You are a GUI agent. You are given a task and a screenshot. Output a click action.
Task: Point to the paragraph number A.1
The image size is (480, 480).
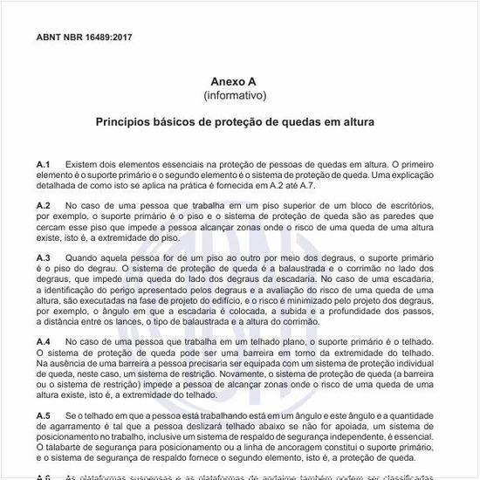(x=44, y=164)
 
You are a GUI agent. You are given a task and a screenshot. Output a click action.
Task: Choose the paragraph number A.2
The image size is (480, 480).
(x=44, y=204)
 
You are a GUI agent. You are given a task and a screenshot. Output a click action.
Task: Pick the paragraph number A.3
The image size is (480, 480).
(x=44, y=257)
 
